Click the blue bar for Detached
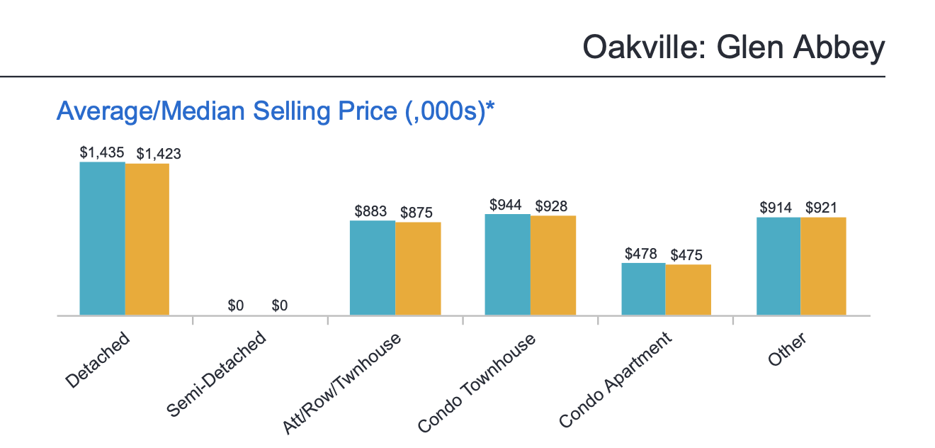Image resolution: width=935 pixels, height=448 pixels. click(x=102, y=238)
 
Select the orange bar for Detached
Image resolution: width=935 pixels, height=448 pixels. click(x=147, y=239)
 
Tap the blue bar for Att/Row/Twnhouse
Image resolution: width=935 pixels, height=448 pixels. click(x=373, y=267)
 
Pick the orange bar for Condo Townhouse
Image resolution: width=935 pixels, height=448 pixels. click(x=553, y=265)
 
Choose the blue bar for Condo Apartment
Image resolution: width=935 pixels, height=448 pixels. click(x=643, y=289)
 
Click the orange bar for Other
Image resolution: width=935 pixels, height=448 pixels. click(x=823, y=266)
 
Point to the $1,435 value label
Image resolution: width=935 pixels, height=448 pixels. click(x=102, y=152)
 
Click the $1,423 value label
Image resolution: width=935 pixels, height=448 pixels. click(x=159, y=153)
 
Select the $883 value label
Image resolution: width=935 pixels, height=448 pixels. click(x=371, y=211)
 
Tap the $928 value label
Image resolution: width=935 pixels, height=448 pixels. click(x=551, y=206)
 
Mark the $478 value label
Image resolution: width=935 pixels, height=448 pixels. click(x=641, y=253)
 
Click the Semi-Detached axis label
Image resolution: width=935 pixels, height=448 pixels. click(x=216, y=374)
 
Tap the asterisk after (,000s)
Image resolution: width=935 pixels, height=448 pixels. click(x=489, y=108)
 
